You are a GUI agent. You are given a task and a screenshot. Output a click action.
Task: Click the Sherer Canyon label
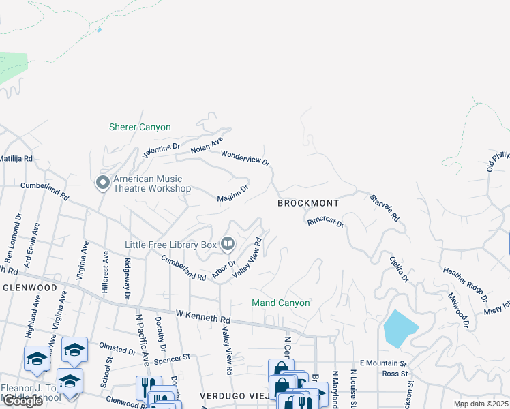click(140, 127)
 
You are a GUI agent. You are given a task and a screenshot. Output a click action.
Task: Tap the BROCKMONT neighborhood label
click(308, 203)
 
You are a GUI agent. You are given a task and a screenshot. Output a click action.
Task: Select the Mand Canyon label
click(281, 303)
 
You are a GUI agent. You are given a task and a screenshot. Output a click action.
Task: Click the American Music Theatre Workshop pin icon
click(103, 182)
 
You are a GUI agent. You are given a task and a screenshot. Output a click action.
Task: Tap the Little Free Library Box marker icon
click(228, 244)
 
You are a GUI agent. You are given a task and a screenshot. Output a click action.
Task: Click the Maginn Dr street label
click(232, 194)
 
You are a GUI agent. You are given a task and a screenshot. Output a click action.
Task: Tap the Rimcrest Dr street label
click(325, 222)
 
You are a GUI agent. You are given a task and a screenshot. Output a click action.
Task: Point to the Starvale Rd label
click(385, 208)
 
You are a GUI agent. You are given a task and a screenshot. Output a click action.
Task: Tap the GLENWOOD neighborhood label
click(29, 288)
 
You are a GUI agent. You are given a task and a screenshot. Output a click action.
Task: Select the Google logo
click(22, 401)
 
